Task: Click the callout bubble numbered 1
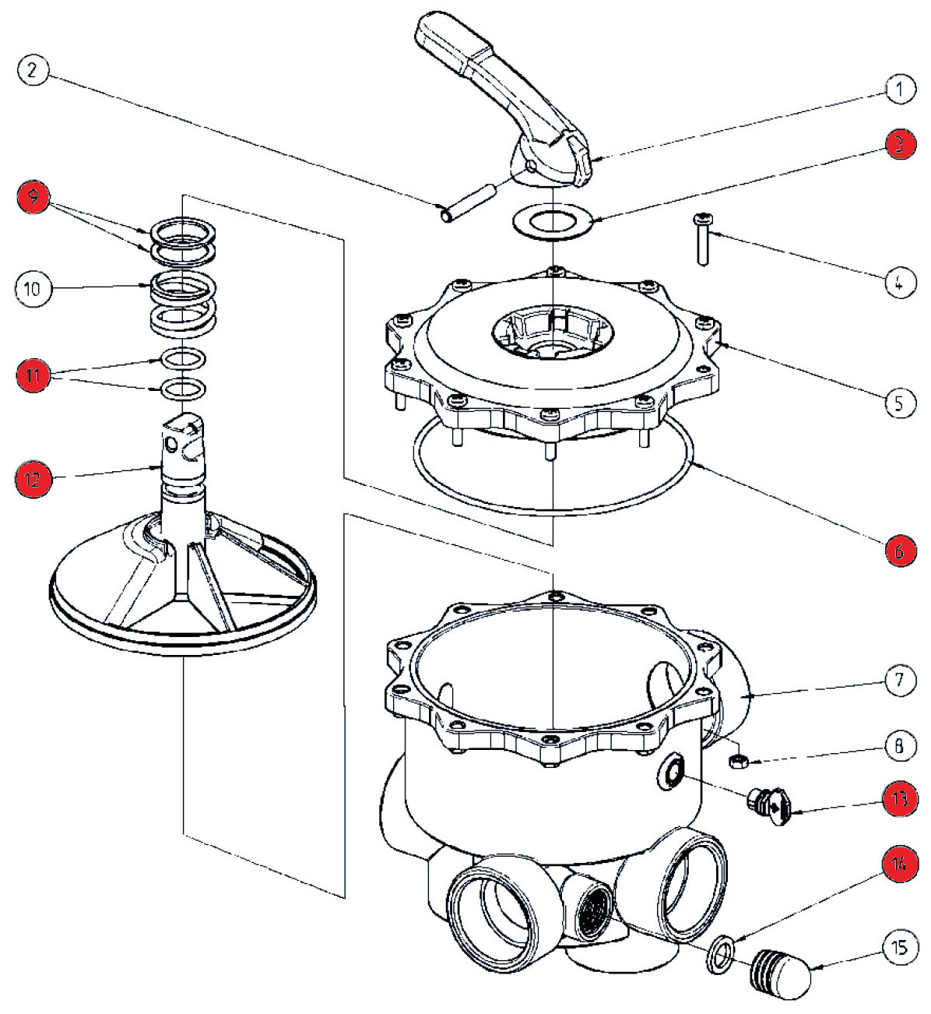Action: tap(900, 89)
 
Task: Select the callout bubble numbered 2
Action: tap(31, 70)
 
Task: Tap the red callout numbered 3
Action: tap(900, 144)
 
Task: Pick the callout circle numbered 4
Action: tap(900, 281)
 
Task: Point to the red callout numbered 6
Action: tap(900, 551)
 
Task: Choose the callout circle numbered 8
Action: tap(900, 747)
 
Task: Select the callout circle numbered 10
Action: tap(31, 289)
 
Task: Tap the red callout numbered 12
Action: tap(33, 479)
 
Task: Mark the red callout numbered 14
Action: tap(900, 864)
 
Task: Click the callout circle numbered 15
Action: tap(900, 948)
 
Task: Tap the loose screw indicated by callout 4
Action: tap(703, 241)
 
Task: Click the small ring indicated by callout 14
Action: tap(722, 954)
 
